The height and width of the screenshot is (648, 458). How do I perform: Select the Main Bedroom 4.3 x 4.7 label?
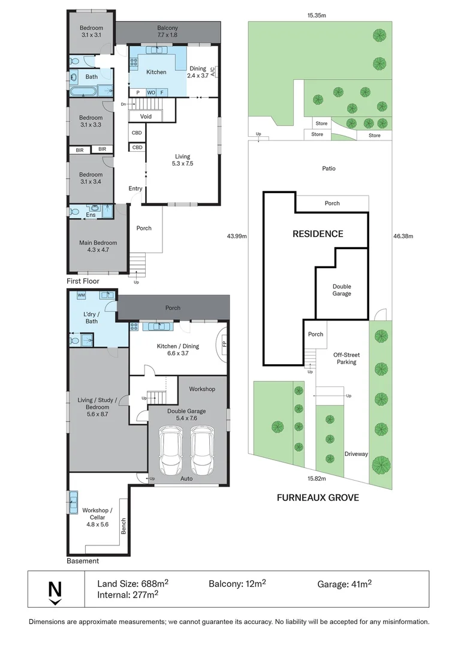[98, 246]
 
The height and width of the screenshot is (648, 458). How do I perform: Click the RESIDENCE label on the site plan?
[318, 234]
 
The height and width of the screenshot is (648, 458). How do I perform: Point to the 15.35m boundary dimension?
[317, 16]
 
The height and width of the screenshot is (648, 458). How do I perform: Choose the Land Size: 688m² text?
[132, 583]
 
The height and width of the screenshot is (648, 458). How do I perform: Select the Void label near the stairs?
[146, 116]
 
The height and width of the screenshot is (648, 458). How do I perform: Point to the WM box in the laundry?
[81, 296]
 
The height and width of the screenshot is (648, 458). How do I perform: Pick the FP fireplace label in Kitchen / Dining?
[224, 345]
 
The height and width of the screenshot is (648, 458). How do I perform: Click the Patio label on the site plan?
[328, 169]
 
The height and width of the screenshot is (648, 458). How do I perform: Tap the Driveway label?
[356, 454]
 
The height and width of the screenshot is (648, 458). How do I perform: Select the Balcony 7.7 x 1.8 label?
[167, 32]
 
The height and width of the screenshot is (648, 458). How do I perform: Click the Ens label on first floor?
[91, 215]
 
